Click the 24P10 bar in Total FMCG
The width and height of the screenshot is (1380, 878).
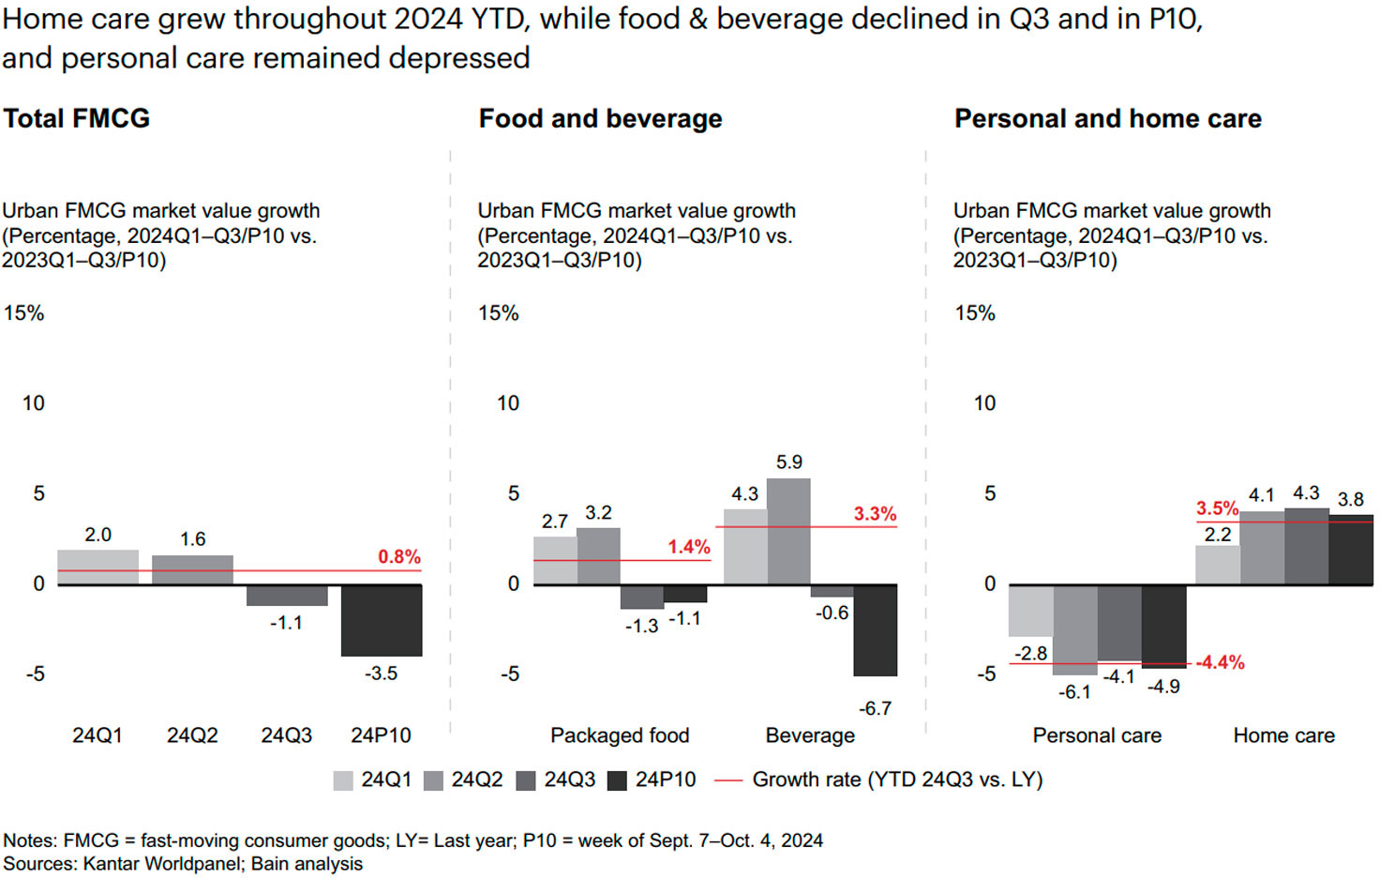[x=382, y=620]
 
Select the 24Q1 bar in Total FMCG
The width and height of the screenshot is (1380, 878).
[x=97, y=568]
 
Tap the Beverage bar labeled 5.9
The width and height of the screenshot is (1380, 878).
[x=788, y=531]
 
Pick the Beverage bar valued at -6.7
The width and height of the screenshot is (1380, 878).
[x=875, y=629]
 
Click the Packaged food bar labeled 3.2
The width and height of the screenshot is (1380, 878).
[x=598, y=556]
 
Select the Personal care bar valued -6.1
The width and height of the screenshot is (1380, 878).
[x=1075, y=629]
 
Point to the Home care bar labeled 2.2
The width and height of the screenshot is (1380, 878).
[x=1217, y=565]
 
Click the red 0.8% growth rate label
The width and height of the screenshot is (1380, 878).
[x=399, y=557]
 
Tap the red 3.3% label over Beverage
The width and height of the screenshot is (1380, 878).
[x=875, y=514]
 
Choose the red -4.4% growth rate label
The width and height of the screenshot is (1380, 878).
[x=1221, y=662]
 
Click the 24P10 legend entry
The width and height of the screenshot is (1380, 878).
[x=652, y=780]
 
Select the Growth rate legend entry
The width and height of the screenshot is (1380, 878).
[x=878, y=780]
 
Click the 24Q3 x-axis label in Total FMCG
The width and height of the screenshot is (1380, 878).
[x=286, y=735]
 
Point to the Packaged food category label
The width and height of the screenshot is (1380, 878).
[x=620, y=735]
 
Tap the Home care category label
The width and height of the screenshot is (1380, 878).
[x=1283, y=735]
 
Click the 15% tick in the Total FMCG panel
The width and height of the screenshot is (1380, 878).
[x=24, y=313]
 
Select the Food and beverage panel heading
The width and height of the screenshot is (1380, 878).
[x=600, y=119]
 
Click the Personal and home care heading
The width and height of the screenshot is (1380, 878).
[x=1107, y=119]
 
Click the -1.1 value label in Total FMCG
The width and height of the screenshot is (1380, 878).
[x=286, y=623]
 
